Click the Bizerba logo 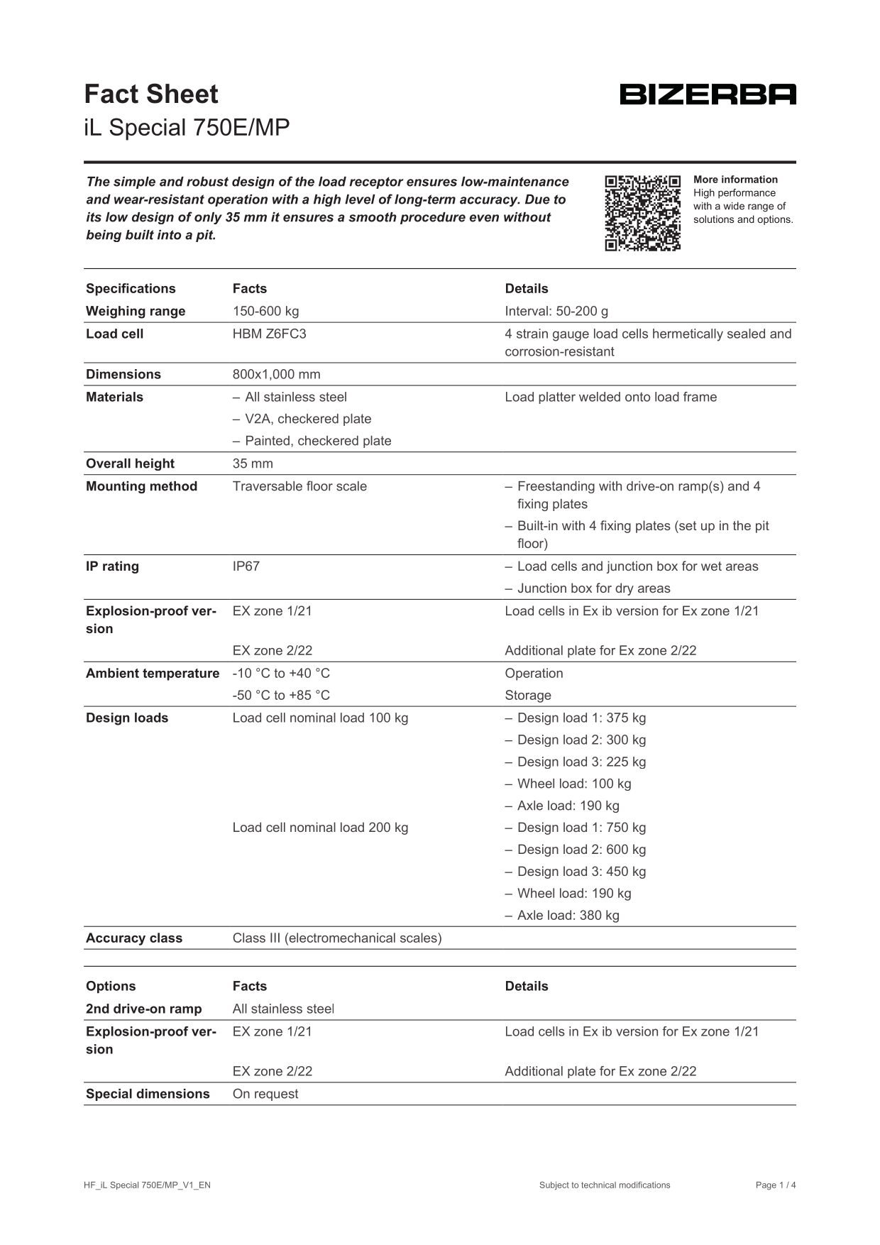click(708, 94)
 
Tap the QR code click(642, 213)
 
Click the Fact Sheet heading click(151, 94)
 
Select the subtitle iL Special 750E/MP click(187, 128)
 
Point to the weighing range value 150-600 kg click(265, 312)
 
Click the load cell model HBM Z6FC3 click(269, 334)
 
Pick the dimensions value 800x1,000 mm click(276, 375)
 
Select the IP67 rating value click(246, 566)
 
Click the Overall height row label click(130, 464)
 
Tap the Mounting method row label click(141, 487)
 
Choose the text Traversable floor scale click(299, 487)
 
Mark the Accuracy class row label click(134, 938)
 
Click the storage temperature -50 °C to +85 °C click(281, 696)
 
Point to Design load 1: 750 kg click(581, 828)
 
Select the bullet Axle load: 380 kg click(568, 916)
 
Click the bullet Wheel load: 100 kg click(573, 784)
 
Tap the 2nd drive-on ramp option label click(143, 1009)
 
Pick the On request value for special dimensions click(265, 1095)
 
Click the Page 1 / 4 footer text click(776, 1185)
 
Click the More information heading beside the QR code click(735, 180)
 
